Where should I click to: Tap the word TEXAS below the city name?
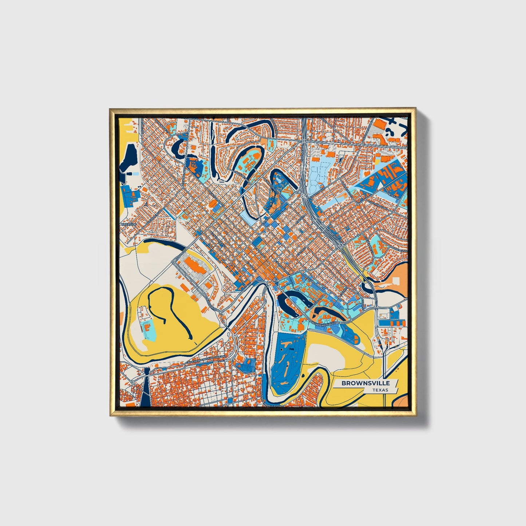(x=380, y=390)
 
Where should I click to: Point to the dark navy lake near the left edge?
(x=129, y=158)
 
